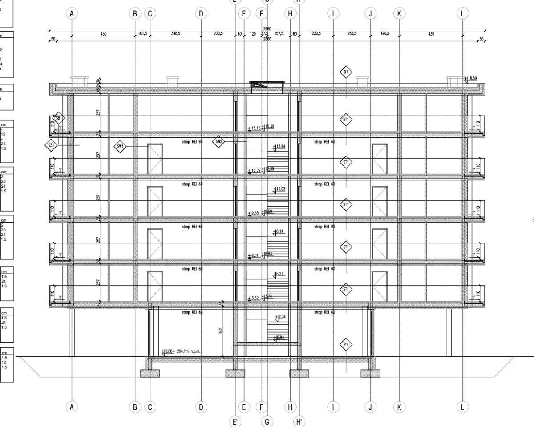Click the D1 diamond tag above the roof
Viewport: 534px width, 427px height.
tap(346, 72)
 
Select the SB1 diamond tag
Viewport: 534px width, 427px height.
tap(58, 118)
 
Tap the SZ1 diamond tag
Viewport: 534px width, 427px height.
tap(51, 145)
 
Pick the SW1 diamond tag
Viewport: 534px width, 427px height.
tap(120, 146)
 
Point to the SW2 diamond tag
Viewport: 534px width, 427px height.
tap(218, 142)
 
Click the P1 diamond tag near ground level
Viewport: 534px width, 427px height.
tap(346, 344)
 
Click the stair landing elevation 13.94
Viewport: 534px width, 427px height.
tap(280, 146)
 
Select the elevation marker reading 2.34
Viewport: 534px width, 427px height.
tap(280, 317)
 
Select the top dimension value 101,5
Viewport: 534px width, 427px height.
tap(142, 33)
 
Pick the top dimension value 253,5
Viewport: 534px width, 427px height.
tap(352, 33)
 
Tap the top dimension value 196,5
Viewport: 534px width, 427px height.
tap(384, 33)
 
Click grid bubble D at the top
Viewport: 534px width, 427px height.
tap(201, 14)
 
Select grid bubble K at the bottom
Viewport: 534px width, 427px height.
tap(399, 407)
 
